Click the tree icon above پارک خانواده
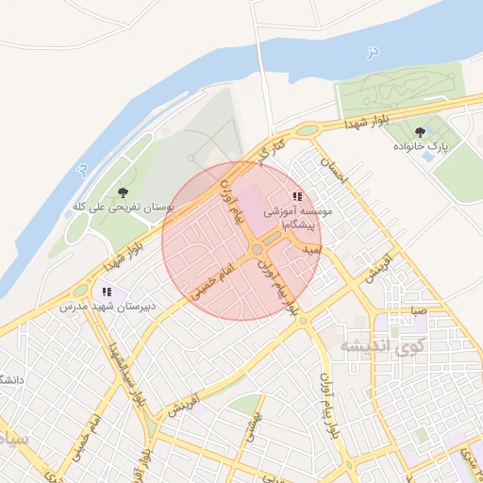[420, 133]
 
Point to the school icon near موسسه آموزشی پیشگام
[297, 197]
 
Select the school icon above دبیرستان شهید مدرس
[107, 292]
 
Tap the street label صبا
[417, 309]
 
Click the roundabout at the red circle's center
[257, 249]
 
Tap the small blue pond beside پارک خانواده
[429, 157]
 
